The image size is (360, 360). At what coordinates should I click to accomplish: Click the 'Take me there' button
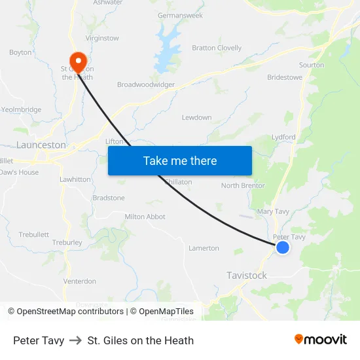(179, 160)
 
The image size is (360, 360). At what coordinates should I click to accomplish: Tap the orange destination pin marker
(78, 62)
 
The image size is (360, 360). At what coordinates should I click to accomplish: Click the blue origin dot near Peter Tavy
(283, 247)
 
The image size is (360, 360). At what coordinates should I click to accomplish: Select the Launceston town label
(41, 145)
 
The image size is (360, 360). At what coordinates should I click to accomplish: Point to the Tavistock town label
(247, 276)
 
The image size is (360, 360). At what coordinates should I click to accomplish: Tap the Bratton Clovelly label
(217, 48)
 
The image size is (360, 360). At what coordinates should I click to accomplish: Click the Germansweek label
(181, 15)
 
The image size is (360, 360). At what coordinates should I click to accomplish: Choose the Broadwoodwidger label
(146, 84)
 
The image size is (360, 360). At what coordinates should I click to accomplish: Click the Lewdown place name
(196, 118)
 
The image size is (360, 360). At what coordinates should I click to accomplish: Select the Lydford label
(283, 137)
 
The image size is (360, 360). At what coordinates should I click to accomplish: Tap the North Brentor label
(243, 186)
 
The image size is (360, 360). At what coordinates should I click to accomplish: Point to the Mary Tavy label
(273, 211)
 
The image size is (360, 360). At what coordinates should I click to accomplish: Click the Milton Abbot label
(145, 217)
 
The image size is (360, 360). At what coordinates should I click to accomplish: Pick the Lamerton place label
(204, 248)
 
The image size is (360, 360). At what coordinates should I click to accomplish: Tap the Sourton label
(311, 65)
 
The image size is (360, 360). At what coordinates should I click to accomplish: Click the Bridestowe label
(285, 77)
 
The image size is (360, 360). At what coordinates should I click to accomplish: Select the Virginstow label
(102, 38)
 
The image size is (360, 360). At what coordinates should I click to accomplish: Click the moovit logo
(321, 340)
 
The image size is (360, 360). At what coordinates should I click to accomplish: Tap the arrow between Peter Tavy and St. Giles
(76, 340)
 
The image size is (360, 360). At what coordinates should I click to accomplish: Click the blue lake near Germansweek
(167, 43)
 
